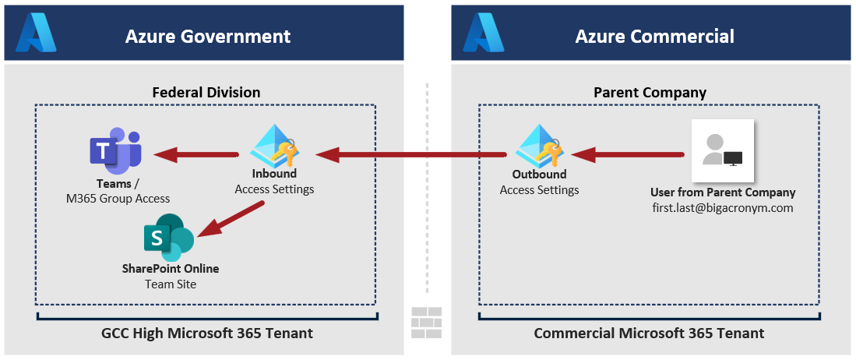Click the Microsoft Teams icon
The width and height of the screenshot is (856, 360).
(115, 151)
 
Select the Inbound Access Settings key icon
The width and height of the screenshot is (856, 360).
(274, 145)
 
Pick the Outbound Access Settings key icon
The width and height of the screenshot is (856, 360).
(539, 146)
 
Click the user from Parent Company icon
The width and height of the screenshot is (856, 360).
(722, 150)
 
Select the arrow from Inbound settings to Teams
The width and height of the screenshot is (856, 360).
(196, 154)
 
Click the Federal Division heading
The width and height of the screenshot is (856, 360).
(206, 92)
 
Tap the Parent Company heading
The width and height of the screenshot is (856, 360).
(650, 92)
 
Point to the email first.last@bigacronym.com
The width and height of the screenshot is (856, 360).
(723, 208)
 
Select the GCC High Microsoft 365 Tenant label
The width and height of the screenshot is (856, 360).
(207, 334)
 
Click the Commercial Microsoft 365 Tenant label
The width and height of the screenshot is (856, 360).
(649, 334)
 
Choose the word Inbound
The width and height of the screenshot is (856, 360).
(274, 174)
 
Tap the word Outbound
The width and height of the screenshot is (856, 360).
(539, 175)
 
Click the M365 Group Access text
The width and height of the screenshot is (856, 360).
(118, 199)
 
